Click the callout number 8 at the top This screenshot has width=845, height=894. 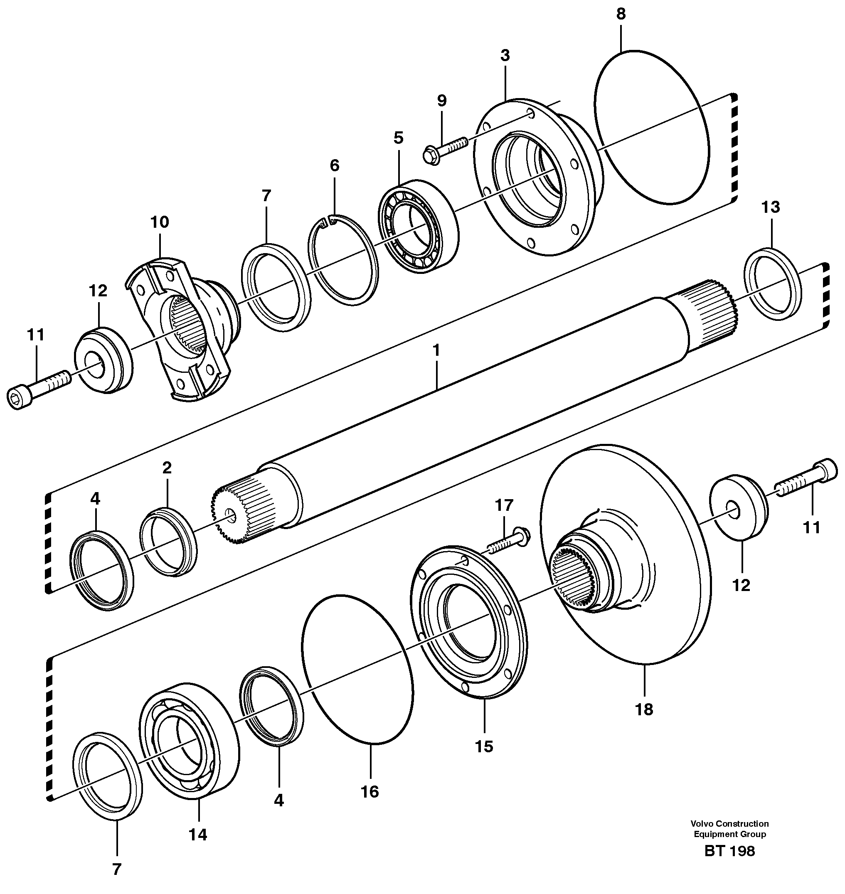click(x=621, y=14)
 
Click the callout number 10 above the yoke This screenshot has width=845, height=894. click(x=160, y=222)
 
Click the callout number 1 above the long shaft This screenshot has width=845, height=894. click(x=436, y=350)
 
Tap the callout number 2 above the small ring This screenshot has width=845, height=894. click(x=167, y=468)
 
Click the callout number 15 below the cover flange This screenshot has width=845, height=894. click(x=484, y=747)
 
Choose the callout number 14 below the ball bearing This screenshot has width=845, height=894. click(x=198, y=835)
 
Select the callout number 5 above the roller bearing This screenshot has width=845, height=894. click(x=398, y=138)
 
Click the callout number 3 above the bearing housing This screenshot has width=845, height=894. click(x=505, y=55)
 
